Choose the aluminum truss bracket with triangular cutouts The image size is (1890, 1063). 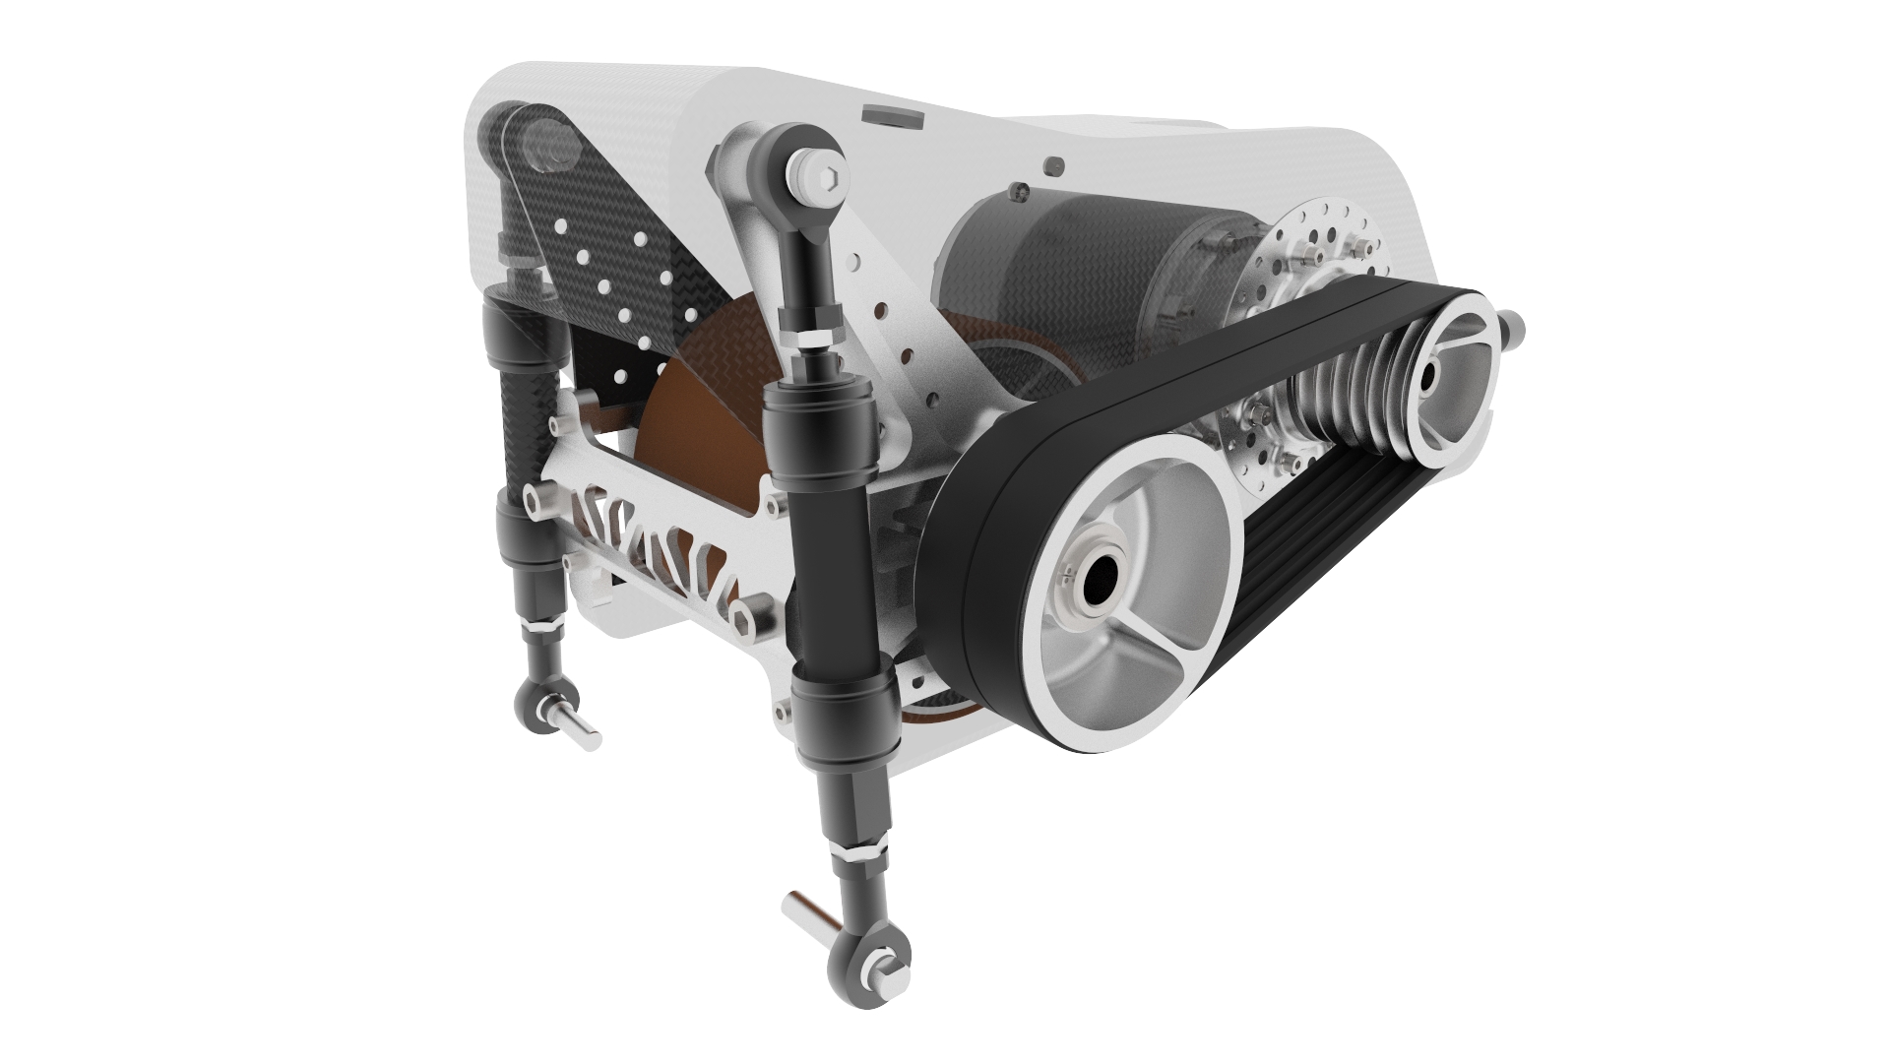tap(669, 551)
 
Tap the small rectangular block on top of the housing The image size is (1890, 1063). tap(891, 116)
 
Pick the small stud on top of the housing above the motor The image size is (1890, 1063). tap(1054, 163)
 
